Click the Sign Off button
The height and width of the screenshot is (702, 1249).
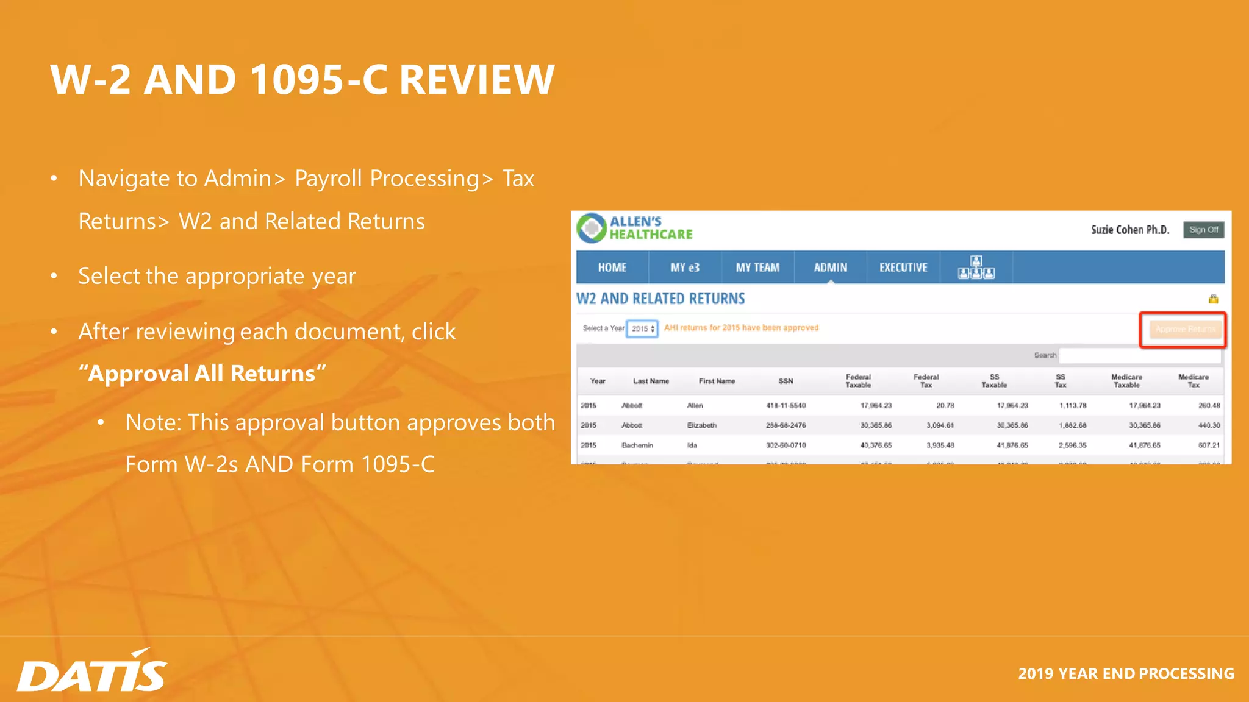click(x=1203, y=230)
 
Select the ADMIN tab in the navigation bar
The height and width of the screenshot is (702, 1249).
click(x=830, y=268)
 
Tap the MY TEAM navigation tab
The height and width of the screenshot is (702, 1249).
click(x=757, y=268)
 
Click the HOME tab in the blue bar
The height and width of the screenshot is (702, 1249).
click(x=612, y=268)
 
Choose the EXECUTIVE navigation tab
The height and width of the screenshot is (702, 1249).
click(x=903, y=268)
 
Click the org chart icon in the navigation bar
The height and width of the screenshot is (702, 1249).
click(x=976, y=268)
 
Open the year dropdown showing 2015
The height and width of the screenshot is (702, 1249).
click(x=642, y=328)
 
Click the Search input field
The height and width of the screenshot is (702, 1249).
click(x=1140, y=355)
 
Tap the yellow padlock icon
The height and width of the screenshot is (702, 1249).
click(x=1213, y=299)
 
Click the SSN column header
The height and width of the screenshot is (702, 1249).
click(x=786, y=381)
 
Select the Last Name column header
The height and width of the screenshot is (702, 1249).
click(x=651, y=381)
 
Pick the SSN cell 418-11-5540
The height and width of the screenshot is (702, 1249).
click(x=786, y=405)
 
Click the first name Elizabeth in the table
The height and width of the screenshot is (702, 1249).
click(x=701, y=425)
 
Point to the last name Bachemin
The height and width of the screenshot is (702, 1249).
click(x=637, y=445)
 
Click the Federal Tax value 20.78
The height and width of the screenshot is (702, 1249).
click(x=945, y=405)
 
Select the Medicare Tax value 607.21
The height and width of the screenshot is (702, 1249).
click(x=1209, y=445)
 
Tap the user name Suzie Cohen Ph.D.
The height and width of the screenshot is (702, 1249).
click(x=1129, y=230)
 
